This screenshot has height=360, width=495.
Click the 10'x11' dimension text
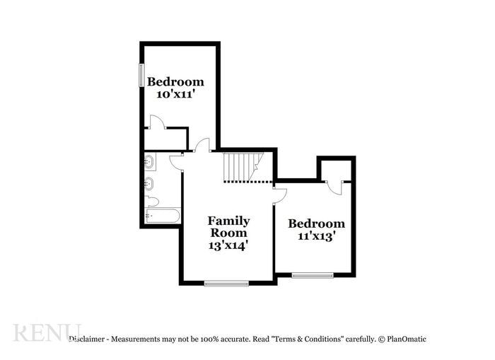coord(175,94)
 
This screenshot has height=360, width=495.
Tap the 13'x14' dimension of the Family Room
coord(228,245)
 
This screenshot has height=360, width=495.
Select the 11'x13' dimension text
coord(316,236)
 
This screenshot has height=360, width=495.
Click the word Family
coord(228,221)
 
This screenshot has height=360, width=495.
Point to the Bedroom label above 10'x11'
coord(175,81)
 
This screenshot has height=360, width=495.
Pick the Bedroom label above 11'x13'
coord(316,223)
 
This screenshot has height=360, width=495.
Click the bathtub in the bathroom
coord(163,216)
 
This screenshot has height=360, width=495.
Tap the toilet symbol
coord(151,202)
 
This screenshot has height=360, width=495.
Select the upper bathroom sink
coord(149,163)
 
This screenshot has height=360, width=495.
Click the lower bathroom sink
coord(149,185)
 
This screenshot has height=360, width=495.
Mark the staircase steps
coord(240,166)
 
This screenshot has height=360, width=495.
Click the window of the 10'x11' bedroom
coord(141,75)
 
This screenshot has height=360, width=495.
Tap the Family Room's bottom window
coord(226,283)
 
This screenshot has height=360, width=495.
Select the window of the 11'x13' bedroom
coord(313,275)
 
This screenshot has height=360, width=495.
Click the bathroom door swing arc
coord(175,163)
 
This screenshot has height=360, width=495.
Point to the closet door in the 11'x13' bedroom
coord(334,187)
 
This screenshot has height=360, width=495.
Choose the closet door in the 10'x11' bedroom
coord(157,122)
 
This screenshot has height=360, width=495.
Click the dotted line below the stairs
coord(248,182)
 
